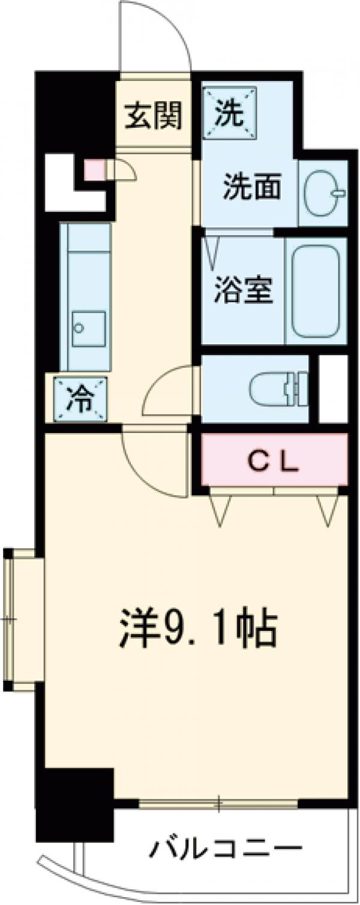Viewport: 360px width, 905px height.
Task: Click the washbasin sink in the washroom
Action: point(323,193)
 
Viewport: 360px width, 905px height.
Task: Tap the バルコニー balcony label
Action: point(225,849)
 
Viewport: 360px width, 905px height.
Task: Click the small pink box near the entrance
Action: point(94,170)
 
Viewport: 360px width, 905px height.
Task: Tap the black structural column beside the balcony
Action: point(75,804)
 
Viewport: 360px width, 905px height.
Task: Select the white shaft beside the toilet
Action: point(333,389)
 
